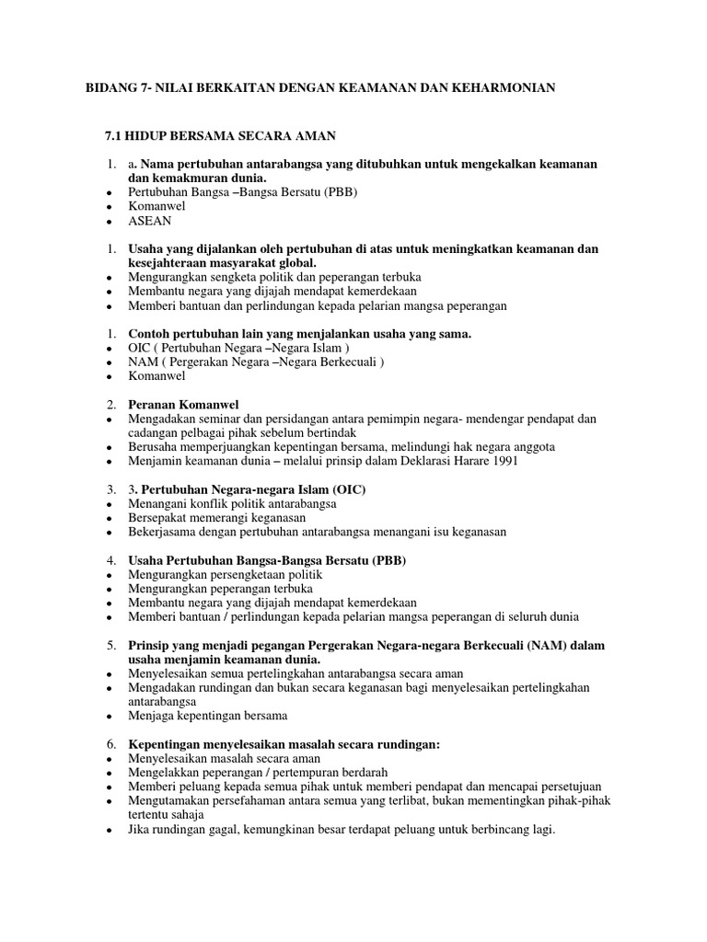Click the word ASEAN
[150, 222]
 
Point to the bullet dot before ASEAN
[109, 223]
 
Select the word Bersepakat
[161, 518]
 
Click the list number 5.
[109, 646]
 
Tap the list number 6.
[109, 744]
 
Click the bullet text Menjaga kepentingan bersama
[208, 716]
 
